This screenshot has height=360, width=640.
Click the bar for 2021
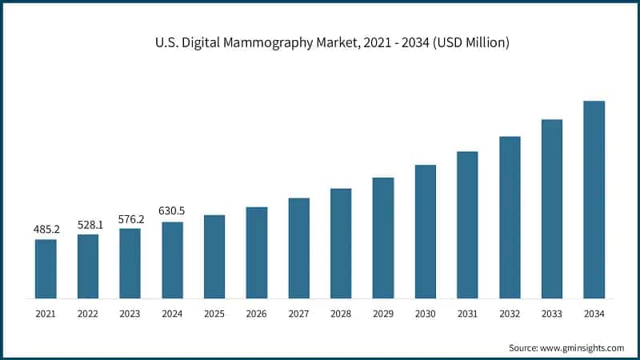pyautogui.click(x=46, y=269)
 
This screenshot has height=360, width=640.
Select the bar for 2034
pyautogui.click(x=594, y=199)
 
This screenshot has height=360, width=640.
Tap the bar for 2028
pyautogui.click(x=341, y=243)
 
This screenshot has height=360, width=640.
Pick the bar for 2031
pyautogui.click(x=467, y=225)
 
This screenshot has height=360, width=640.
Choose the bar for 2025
pyautogui.click(x=214, y=257)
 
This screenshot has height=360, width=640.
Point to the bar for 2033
pyautogui.click(x=552, y=209)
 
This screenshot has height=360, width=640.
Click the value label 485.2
pyautogui.click(x=46, y=230)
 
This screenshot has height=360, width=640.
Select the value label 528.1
pyautogui.click(x=88, y=225)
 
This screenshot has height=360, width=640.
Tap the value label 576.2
pyautogui.click(x=130, y=218)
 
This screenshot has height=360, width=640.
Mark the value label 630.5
pyautogui.click(x=172, y=211)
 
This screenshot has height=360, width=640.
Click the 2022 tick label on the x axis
pyautogui.click(x=88, y=314)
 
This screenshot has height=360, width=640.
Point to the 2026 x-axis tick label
pyautogui.click(x=257, y=314)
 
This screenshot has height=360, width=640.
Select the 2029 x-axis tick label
pyautogui.click(x=383, y=314)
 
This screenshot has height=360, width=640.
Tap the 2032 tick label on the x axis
pyautogui.click(x=510, y=314)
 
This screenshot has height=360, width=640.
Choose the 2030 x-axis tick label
pyautogui.click(x=425, y=314)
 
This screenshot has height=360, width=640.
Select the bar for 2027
pyautogui.click(x=298, y=248)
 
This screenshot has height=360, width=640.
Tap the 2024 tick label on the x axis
pyautogui.click(x=172, y=314)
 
